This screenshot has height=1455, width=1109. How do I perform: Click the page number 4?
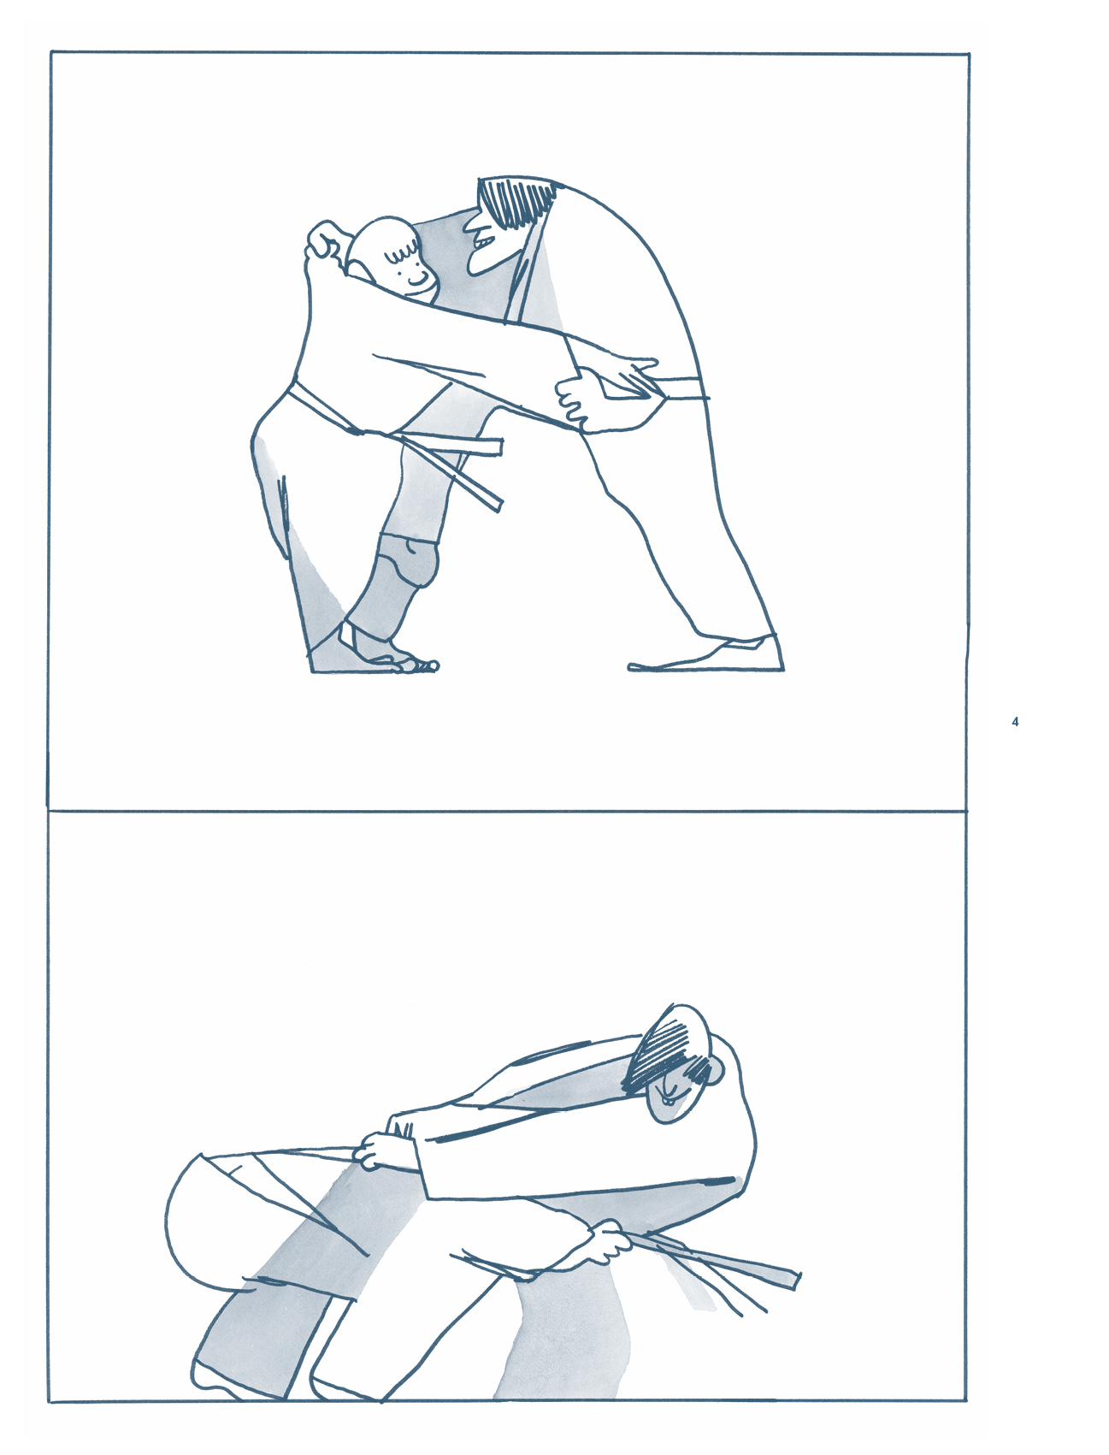(x=1015, y=722)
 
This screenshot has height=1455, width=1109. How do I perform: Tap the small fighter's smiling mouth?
(x=418, y=280)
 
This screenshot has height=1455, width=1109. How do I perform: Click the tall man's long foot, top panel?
(x=705, y=655)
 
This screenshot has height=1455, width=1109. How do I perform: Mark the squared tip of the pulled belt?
(x=795, y=1280)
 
